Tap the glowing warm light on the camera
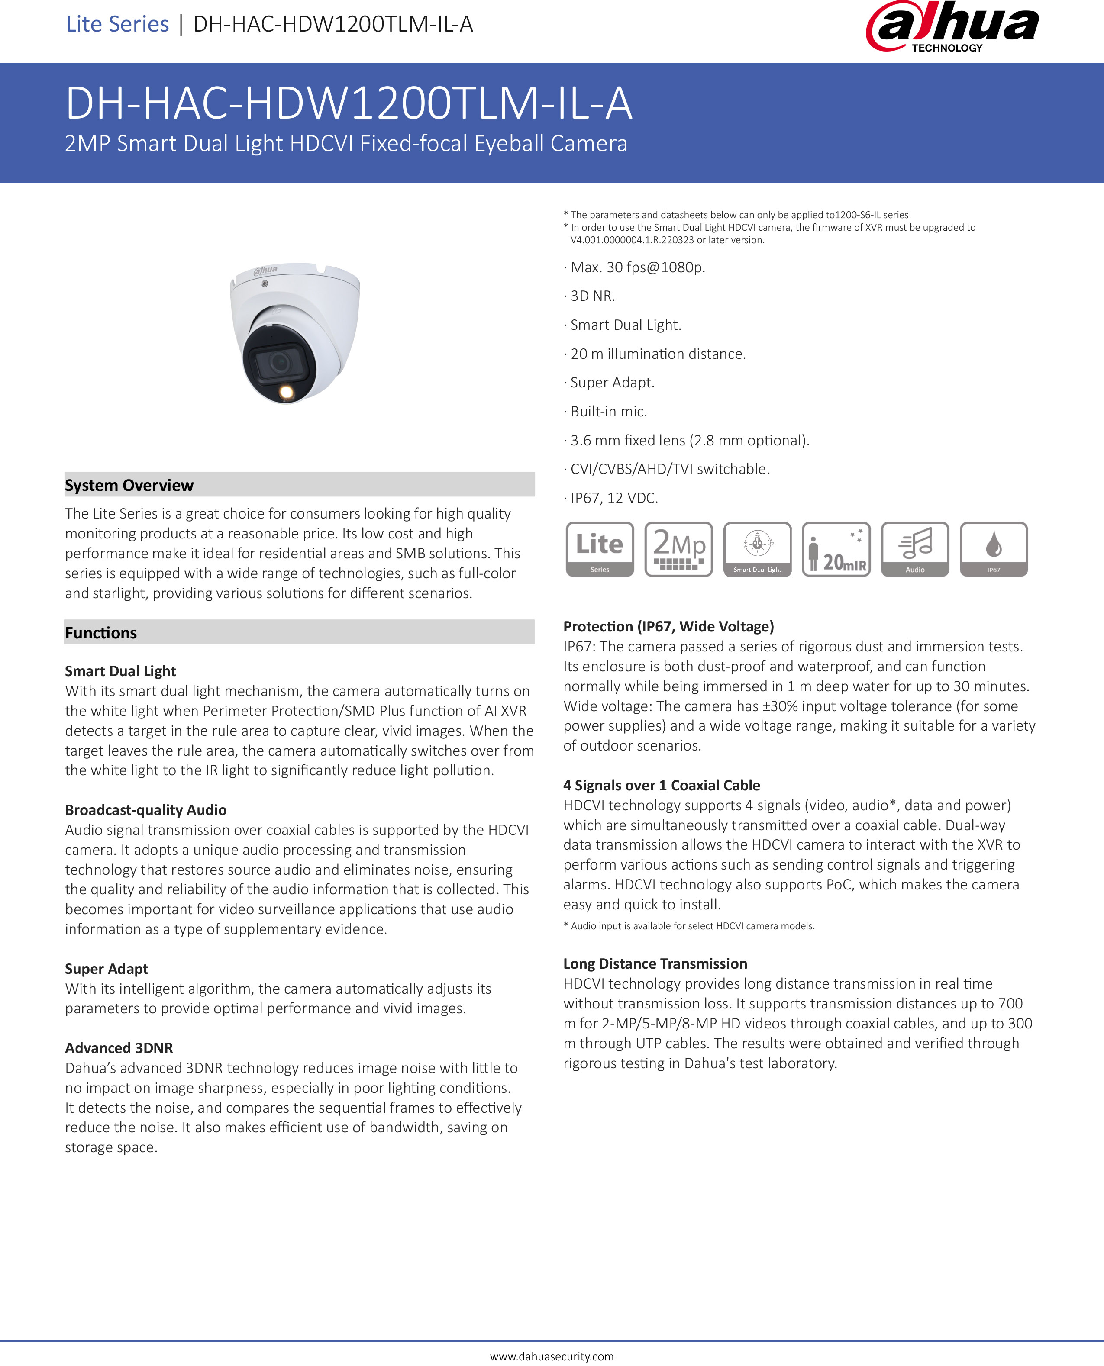pos(286,392)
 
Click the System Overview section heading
pos(129,485)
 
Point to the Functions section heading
pos(101,632)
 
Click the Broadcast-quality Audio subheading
pos(145,810)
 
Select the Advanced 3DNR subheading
pos(119,1047)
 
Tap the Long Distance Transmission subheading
pos(655,963)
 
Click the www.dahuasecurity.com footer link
pos(552,1356)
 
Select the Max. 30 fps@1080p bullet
pos(638,267)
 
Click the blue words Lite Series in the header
pos(118,24)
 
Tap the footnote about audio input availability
pos(689,925)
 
